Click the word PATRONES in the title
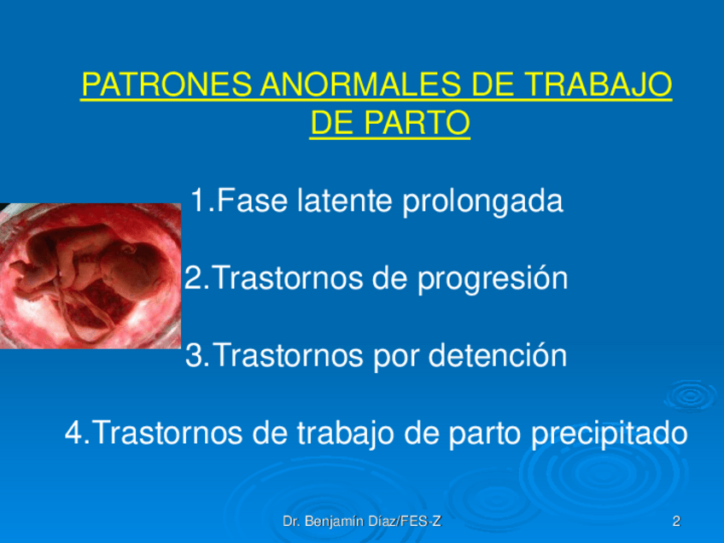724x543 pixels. (166, 85)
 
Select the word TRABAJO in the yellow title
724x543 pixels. (598, 85)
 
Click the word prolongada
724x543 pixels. (483, 202)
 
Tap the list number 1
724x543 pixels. (199, 201)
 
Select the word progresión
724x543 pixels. (493, 280)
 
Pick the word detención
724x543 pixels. (498, 355)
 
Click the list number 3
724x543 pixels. (195, 355)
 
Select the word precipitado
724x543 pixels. (610, 435)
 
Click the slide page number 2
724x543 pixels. (676, 522)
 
